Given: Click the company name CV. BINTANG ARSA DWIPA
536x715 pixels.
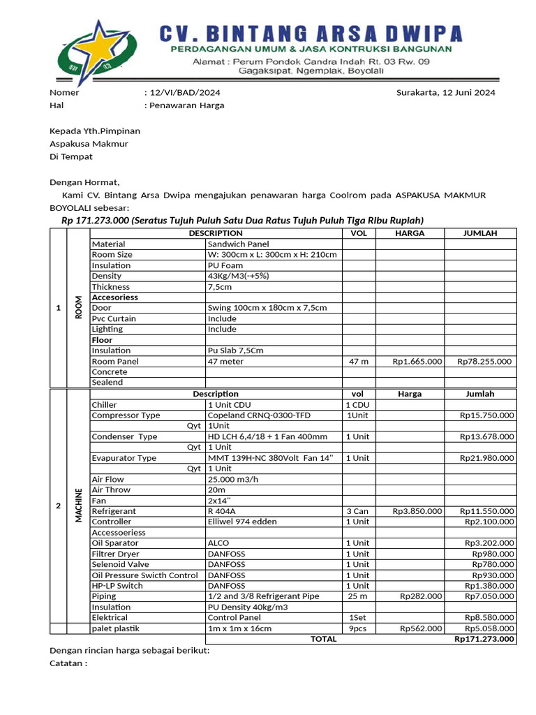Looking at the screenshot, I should (x=310, y=33).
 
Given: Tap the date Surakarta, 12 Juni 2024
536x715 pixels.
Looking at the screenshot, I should (x=445, y=93).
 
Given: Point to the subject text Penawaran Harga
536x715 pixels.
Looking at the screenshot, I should (x=186, y=105).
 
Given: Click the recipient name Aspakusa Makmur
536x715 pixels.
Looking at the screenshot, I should (x=88, y=144).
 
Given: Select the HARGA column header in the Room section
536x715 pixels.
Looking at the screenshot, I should (x=409, y=233).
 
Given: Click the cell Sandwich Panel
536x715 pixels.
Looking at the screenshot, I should (x=238, y=244).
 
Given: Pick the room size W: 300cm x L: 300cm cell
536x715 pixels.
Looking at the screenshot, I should (x=272, y=255).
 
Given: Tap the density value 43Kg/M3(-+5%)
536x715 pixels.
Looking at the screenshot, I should (x=238, y=276).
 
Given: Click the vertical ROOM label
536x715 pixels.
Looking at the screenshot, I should (x=78, y=307).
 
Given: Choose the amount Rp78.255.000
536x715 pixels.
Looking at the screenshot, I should (x=484, y=362).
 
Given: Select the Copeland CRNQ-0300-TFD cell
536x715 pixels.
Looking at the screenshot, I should (x=259, y=415).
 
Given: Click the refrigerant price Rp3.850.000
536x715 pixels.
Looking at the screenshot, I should (x=417, y=511).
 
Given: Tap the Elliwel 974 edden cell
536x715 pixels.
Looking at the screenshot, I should (x=242, y=522).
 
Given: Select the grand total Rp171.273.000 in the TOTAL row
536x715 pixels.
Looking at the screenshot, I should (x=484, y=639).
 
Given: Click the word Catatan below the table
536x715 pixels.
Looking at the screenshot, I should (x=68, y=663).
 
